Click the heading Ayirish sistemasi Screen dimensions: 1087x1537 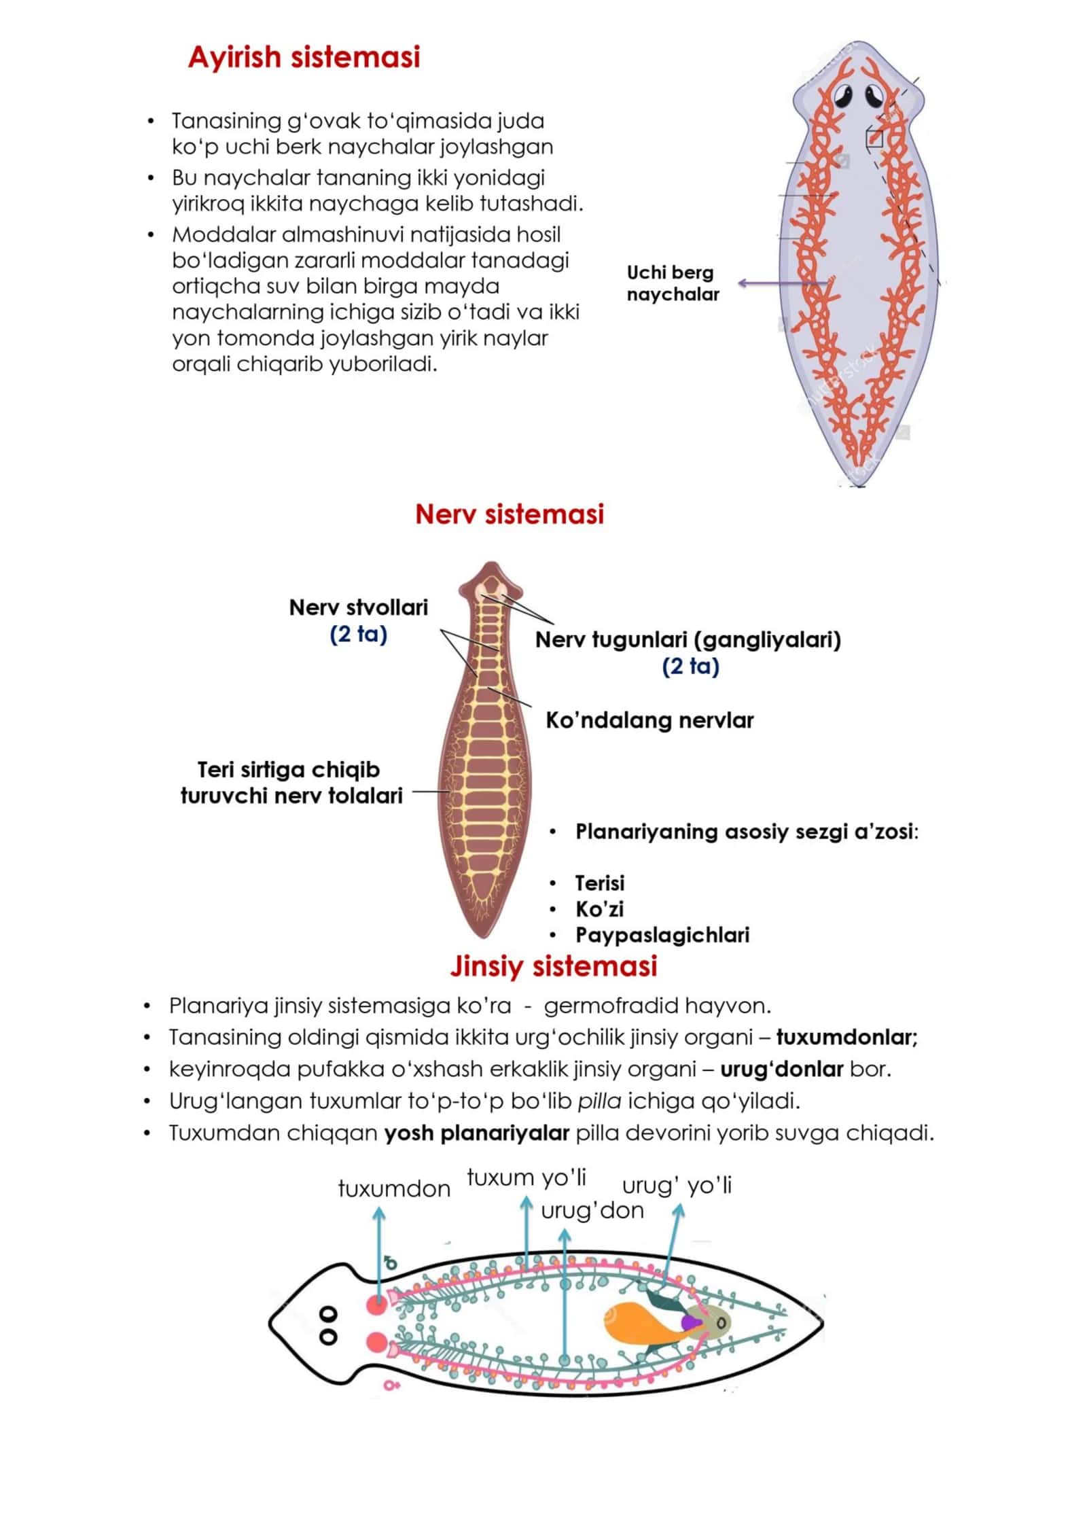304,57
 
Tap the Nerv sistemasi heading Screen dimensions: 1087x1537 510,514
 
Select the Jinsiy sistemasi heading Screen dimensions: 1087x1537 553,966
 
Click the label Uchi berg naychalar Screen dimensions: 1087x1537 673,283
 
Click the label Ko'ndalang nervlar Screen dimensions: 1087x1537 649,720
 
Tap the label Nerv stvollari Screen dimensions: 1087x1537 359,607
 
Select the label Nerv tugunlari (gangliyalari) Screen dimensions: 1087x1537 688,639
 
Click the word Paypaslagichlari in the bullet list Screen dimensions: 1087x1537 662,935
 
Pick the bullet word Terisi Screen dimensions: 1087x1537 600,883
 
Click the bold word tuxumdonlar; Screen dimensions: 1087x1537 847,1037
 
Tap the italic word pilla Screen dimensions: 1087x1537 599,1101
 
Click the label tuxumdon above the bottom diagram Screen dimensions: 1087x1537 394,1188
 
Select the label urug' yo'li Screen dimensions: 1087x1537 677,1185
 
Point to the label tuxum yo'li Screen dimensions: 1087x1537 527,1177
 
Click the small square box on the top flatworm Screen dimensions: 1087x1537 874,139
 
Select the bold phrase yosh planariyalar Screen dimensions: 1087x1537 477,1133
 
